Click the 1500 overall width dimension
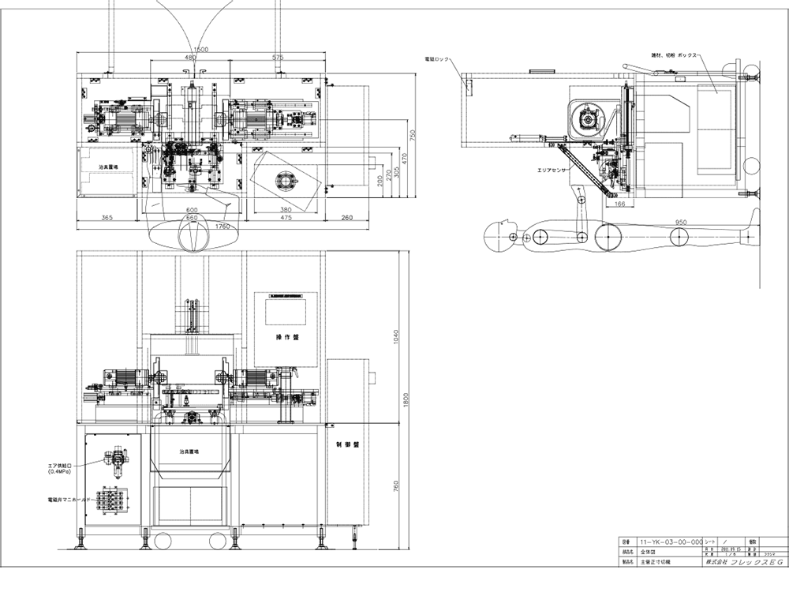[x=201, y=50]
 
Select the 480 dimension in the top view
[x=190, y=58]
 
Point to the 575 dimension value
[x=277, y=58]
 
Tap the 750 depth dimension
[x=412, y=135]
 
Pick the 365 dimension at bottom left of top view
[x=108, y=217]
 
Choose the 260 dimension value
[x=346, y=217]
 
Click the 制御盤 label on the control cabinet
[x=346, y=445]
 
